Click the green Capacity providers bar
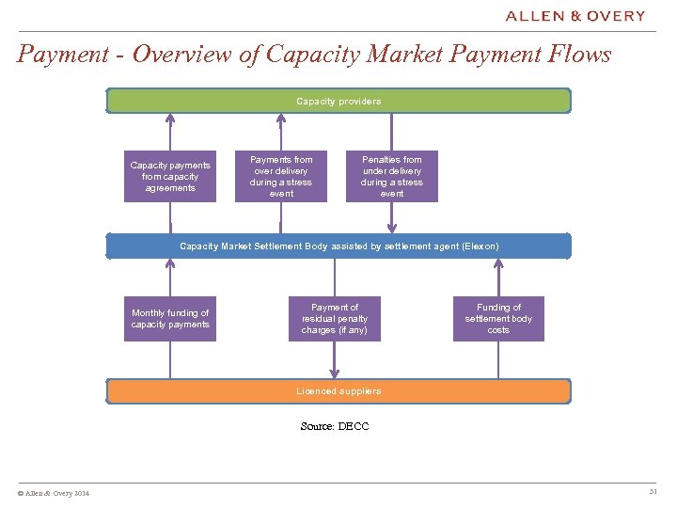(338, 101)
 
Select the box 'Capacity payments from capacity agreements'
(170, 177)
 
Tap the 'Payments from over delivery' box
(281, 177)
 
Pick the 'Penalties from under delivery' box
(392, 177)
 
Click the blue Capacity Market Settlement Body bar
(338, 246)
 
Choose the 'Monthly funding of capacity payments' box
(170, 319)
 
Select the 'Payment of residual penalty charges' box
(335, 319)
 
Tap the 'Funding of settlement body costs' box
(498, 319)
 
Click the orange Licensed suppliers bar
(338, 391)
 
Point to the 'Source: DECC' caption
(335, 426)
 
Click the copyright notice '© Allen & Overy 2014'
(54, 494)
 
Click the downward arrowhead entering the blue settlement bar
(392, 227)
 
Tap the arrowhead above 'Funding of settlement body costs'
(498, 265)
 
